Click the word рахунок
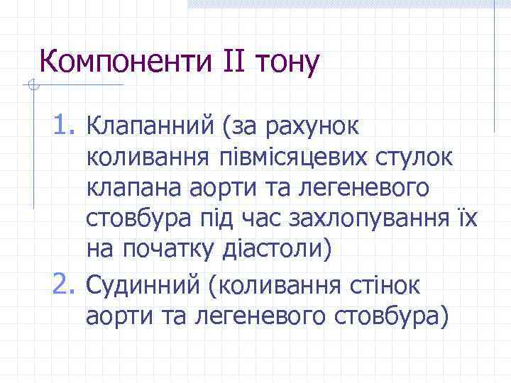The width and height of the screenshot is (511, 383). (317, 127)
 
